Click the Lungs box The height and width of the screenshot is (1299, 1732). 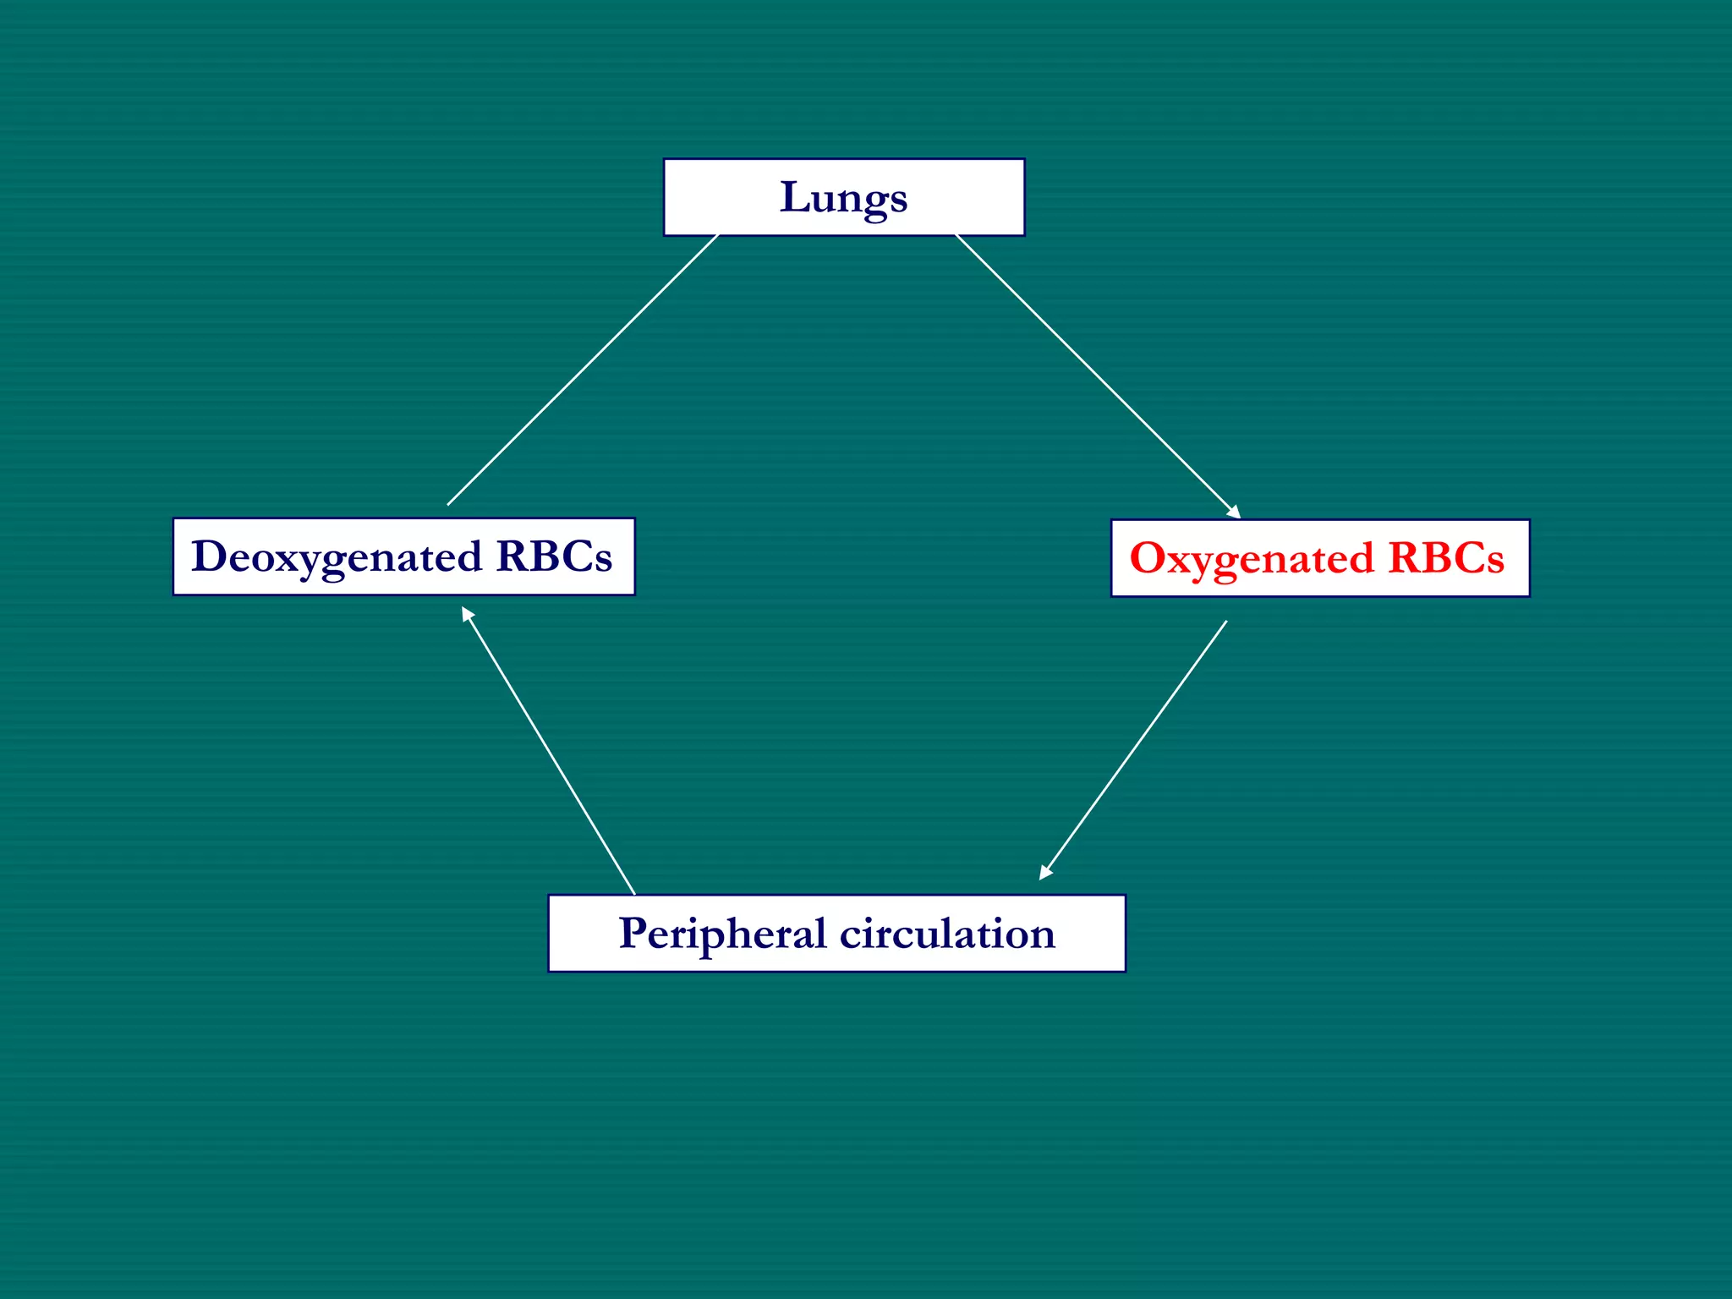tap(843, 197)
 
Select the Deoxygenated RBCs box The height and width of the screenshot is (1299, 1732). tap(403, 556)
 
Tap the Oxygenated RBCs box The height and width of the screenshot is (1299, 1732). tap(1319, 558)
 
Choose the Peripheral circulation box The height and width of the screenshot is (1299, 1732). tap(836, 934)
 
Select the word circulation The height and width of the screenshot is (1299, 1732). tap(947, 934)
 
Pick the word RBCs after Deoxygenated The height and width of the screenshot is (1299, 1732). tap(554, 556)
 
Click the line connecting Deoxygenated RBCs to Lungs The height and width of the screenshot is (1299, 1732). tap(583, 370)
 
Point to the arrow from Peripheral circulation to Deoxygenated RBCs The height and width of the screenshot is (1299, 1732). tap(548, 750)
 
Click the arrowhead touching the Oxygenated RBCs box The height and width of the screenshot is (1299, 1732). tap(1235, 512)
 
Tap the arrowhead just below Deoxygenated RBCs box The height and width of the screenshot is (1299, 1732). tap(467, 613)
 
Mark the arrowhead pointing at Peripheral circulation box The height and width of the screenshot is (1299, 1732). tap(1045, 873)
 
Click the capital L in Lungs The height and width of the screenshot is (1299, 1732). tap(794, 197)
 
